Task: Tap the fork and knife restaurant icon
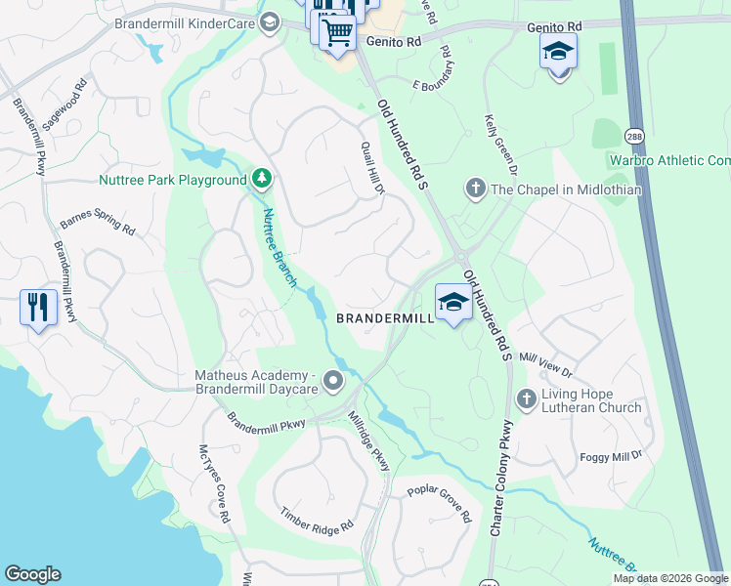click(x=37, y=308)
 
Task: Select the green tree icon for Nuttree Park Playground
click(x=261, y=179)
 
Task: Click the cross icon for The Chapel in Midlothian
click(x=476, y=188)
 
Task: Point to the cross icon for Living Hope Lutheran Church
click(x=526, y=398)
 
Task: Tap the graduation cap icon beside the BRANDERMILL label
click(x=453, y=303)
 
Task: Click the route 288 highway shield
click(x=606, y=133)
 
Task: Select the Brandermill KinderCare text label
click(x=184, y=22)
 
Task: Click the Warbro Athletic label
click(x=669, y=160)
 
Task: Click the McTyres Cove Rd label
click(x=213, y=482)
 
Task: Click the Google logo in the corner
click(x=32, y=574)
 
